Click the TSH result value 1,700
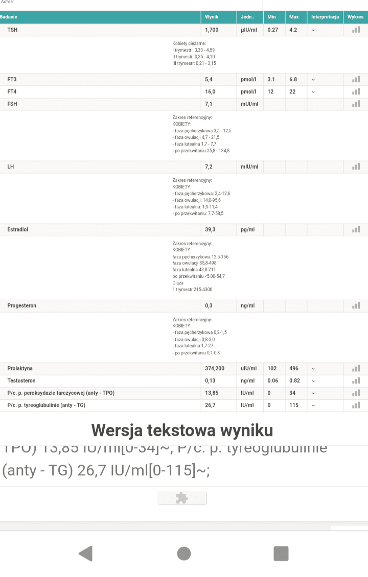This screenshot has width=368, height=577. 212,30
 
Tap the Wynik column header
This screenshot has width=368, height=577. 212,17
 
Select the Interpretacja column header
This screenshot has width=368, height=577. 325,17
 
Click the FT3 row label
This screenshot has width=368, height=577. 12,80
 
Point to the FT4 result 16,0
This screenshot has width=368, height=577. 210,92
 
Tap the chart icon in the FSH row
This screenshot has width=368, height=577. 356,104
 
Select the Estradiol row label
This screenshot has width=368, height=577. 18,230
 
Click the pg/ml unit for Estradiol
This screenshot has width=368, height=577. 248,230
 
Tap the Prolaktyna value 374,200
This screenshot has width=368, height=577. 215,369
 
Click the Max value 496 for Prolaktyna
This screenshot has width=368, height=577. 293,369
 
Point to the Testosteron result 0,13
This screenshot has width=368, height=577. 210,381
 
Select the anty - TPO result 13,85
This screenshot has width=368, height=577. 212,393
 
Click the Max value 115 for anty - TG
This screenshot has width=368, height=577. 293,405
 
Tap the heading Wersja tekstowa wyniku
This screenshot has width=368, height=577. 182,430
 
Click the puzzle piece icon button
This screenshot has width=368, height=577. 182,498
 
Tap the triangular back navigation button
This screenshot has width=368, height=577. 85,554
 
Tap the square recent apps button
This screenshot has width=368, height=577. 281,554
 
